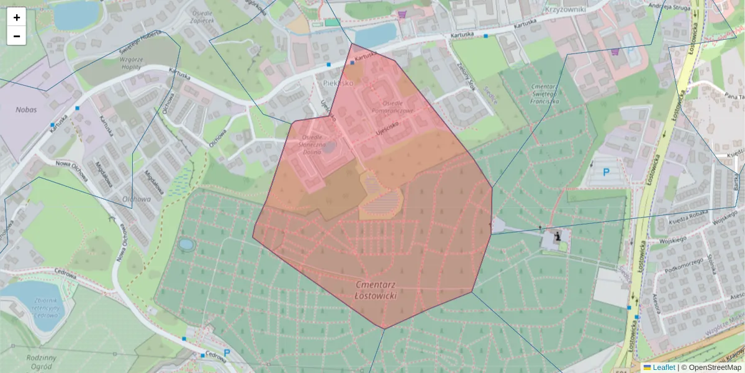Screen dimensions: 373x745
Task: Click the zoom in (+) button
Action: [x=17, y=17]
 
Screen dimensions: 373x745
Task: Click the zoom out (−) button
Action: [x=17, y=36]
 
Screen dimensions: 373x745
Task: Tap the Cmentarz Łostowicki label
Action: [x=376, y=290]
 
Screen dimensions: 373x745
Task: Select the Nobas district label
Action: [x=26, y=109]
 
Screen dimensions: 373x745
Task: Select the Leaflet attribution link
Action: [x=663, y=367]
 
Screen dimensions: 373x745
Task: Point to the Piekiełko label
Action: [x=338, y=82]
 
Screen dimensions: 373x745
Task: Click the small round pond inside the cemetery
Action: [x=186, y=244]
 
